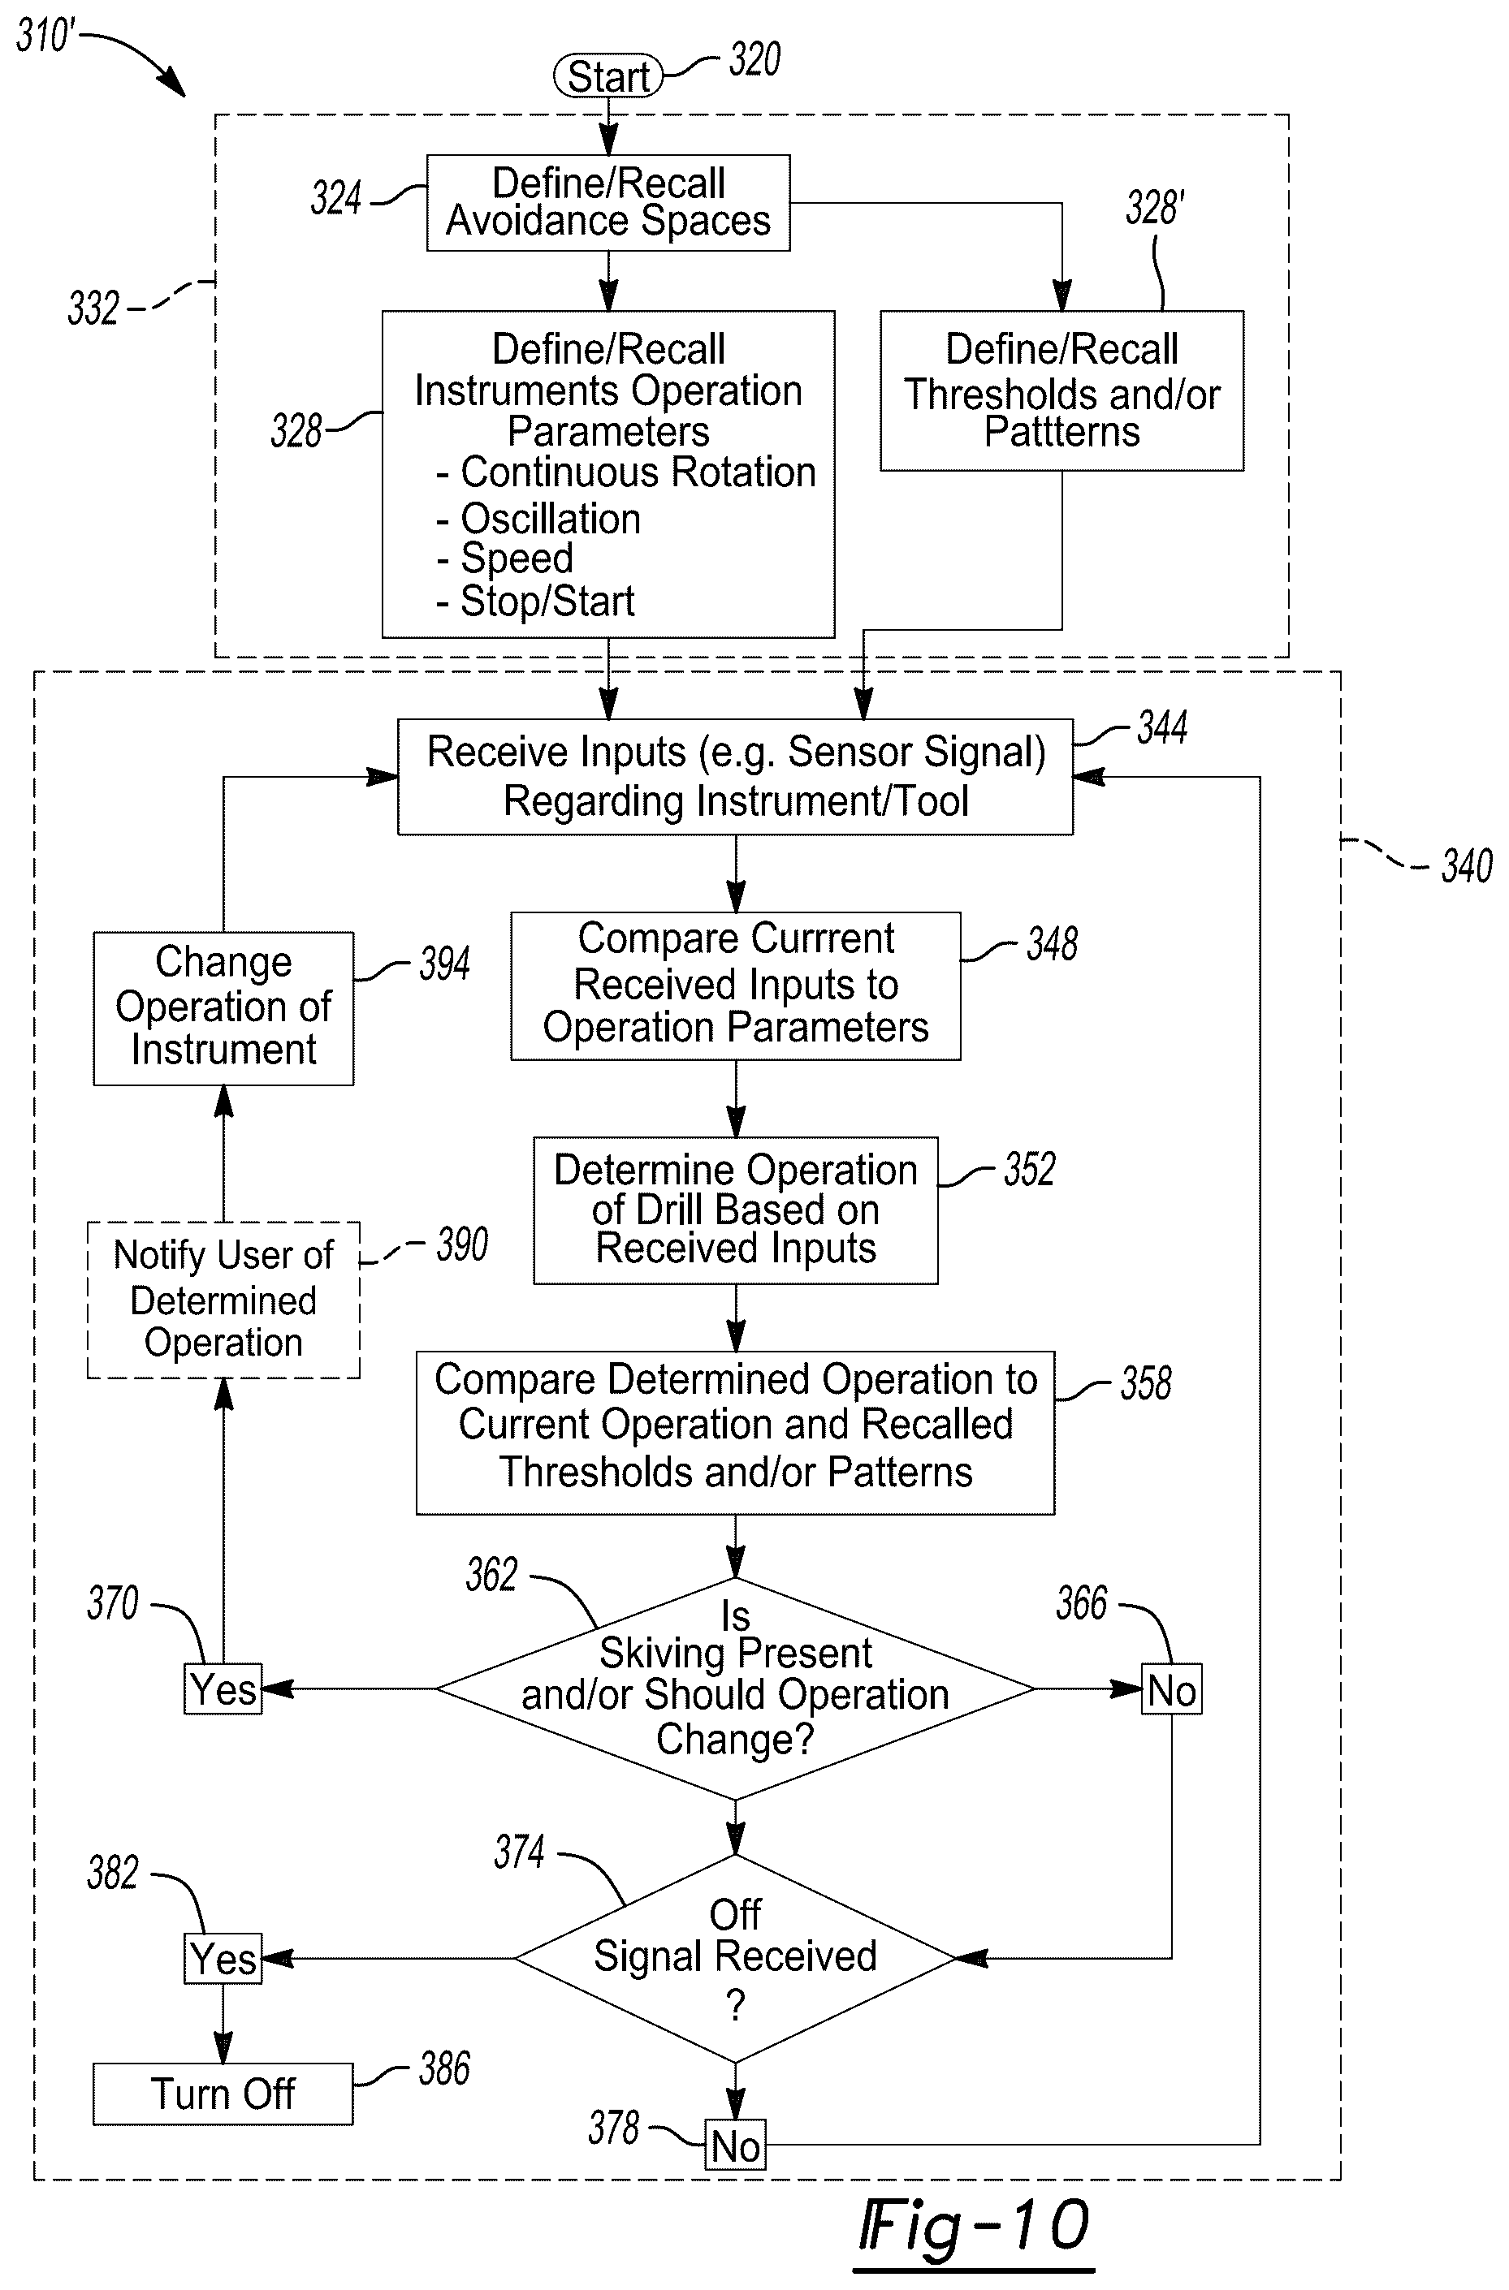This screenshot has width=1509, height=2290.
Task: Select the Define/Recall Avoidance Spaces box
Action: point(608,203)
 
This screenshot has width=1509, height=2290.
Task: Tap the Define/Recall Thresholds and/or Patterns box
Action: point(1061,390)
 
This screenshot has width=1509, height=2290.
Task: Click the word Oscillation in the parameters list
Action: point(551,519)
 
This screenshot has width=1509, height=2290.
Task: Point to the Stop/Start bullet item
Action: point(535,602)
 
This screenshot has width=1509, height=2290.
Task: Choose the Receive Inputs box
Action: point(735,777)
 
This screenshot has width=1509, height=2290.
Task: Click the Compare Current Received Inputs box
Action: point(735,985)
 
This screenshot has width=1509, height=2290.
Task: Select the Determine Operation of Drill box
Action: point(735,1210)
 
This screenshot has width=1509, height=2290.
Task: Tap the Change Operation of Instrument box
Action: point(223,1008)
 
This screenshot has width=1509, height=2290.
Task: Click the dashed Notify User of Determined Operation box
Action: point(223,1300)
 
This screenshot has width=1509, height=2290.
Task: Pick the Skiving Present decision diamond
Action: point(735,1688)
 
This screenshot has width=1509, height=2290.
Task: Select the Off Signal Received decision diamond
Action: point(735,1958)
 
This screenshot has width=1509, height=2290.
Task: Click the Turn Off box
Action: point(223,2094)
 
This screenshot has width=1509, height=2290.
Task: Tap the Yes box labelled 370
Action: point(223,1688)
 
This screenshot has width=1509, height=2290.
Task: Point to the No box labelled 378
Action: point(735,2145)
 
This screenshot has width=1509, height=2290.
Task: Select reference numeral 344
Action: point(1162,727)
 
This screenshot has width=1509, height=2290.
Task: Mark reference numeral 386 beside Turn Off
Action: point(444,2068)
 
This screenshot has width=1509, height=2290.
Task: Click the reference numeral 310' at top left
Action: point(45,37)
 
